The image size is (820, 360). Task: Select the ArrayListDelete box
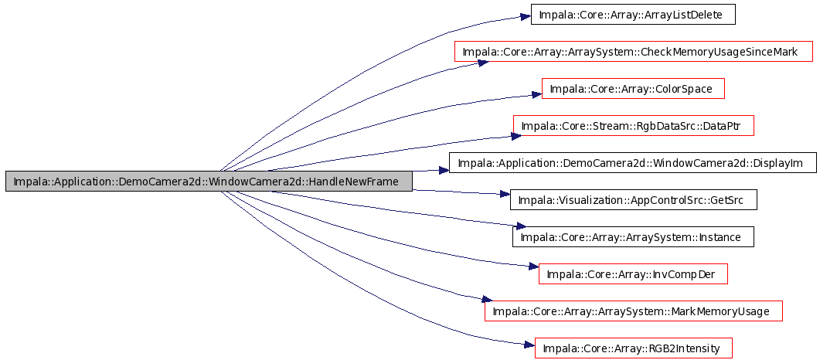point(633,15)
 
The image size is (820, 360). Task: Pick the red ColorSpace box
point(633,89)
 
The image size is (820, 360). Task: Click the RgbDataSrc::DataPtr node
point(633,126)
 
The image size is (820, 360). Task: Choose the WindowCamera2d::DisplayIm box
point(633,163)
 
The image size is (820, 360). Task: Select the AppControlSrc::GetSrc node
point(633,200)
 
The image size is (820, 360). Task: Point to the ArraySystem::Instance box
point(633,237)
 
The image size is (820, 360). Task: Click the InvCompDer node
point(633,274)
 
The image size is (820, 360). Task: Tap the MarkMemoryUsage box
point(633,311)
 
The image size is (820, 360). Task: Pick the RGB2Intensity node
point(633,348)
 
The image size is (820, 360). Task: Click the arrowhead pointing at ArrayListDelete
point(525,16)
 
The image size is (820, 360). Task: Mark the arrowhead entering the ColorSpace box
point(536,95)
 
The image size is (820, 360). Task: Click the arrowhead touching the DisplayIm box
point(444,170)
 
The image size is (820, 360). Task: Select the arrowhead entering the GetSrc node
point(504,194)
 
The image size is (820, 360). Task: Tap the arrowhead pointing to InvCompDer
point(533,267)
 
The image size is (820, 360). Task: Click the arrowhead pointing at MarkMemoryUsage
point(486,300)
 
